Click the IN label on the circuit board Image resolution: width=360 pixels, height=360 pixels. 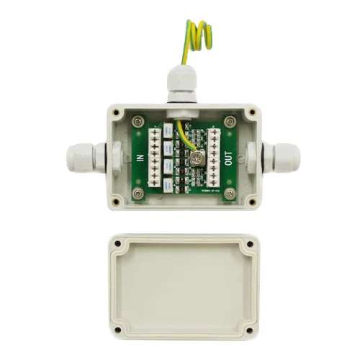point(140,158)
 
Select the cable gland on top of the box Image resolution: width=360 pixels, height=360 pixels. point(179,85)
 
